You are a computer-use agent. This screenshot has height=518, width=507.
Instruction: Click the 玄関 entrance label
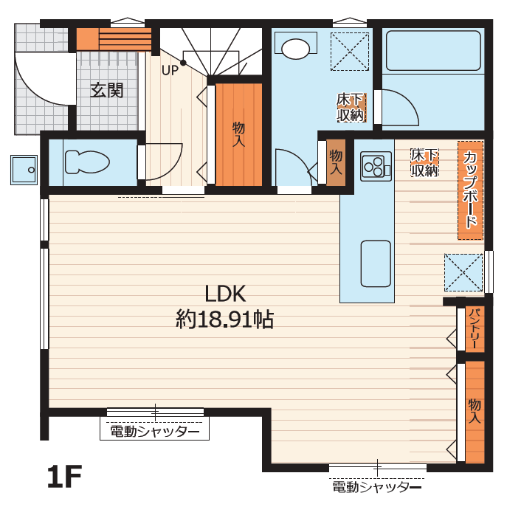click(x=107, y=90)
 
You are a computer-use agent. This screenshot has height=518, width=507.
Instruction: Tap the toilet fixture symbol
click(x=87, y=162)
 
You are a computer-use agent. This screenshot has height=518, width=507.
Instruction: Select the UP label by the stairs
click(x=170, y=70)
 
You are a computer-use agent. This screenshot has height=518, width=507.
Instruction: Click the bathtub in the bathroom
click(x=433, y=50)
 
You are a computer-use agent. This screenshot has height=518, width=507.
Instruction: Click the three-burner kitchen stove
click(x=376, y=166)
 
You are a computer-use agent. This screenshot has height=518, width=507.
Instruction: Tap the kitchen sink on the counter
click(x=376, y=263)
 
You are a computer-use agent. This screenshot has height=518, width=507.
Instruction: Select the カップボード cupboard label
click(x=470, y=190)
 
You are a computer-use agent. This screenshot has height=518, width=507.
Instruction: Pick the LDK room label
click(x=225, y=294)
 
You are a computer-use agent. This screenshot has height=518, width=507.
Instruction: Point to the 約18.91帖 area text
click(x=225, y=320)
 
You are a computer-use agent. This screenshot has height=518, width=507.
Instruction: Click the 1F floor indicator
click(x=65, y=477)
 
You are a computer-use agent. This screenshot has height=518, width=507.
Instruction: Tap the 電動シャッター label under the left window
click(x=155, y=432)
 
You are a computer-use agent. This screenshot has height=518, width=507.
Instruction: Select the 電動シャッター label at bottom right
click(x=377, y=486)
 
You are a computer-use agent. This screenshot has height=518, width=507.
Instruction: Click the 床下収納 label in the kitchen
click(x=424, y=163)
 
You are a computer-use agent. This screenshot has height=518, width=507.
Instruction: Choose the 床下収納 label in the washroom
click(x=351, y=108)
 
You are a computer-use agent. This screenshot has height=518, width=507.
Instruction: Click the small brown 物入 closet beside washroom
click(x=336, y=162)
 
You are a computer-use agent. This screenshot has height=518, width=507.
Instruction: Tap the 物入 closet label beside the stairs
click(x=238, y=134)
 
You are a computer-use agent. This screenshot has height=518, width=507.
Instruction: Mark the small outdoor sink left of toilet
click(x=24, y=170)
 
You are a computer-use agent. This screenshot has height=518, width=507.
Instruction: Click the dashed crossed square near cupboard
click(x=463, y=272)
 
